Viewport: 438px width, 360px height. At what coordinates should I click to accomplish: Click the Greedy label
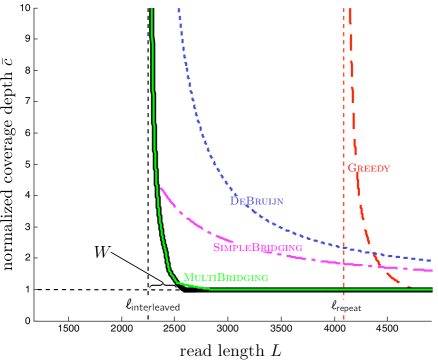368,168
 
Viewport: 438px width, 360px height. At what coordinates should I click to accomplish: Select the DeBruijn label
257,201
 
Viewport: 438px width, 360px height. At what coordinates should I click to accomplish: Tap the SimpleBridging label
258,247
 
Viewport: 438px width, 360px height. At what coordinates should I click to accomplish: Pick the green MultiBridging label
225,277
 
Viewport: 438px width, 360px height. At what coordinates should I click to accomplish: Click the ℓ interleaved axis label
152,304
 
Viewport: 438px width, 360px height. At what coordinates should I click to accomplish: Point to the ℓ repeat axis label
346,306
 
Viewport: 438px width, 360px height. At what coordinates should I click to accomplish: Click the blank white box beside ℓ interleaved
224,303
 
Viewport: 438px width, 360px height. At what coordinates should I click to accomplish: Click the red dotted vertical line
343,100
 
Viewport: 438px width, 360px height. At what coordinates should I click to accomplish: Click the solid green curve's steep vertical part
154,120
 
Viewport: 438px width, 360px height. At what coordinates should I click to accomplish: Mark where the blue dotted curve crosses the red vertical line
343,246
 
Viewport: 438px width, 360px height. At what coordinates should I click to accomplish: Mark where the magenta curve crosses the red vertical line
343,262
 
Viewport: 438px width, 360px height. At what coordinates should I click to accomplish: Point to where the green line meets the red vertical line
343,289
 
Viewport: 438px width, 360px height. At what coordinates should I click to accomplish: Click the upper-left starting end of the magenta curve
161,188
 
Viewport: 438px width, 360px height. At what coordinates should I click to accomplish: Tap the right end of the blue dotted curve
431,260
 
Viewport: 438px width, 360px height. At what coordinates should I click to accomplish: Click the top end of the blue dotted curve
179,9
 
